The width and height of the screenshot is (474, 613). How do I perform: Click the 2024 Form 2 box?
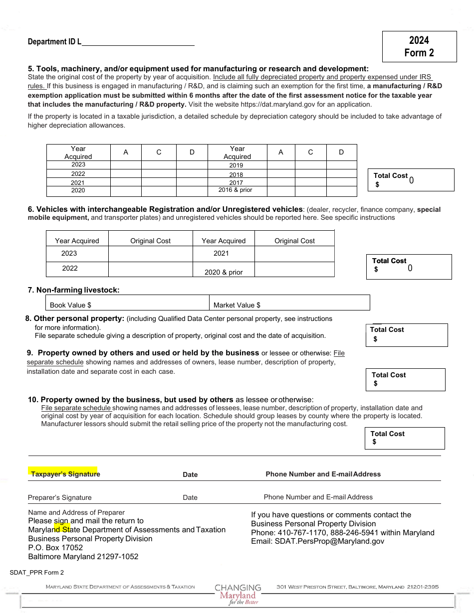pyautogui.click(x=419, y=46)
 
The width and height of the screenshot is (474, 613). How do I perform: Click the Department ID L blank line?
pyautogui.click(x=138, y=42)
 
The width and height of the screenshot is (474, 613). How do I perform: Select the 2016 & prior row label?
pyautogui.click(x=236, y=190)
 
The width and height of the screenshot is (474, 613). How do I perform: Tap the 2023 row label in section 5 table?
pyautogui.click(x=78, y=164)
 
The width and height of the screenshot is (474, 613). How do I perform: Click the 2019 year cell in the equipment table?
pyautogui.click(x=236, y=165)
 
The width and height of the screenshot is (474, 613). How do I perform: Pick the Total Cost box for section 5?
pyautogui.click(x=411, y=180)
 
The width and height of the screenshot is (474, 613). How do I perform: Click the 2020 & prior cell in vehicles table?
pyautogui.click(x=224, y=272)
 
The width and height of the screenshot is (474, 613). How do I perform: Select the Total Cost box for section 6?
pyautogui.click(x=409, y=267)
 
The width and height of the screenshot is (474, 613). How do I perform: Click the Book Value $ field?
pyautogui.click(x=127, y=305)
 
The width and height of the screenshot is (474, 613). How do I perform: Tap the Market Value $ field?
pyautogui.click(x=289, y=305)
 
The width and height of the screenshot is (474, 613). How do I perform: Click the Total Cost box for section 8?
pyautogui.click(x=407, y=335)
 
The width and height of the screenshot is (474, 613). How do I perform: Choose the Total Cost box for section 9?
pyautogui.click(x=405, y=379)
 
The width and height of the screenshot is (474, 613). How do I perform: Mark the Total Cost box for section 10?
pyautogui.click(x=405, y=438)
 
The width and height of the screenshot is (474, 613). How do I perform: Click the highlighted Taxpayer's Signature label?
pyautogui.click(x=65, y=474)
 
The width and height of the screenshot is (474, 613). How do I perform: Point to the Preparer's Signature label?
pyautogui.click(x=60, y=497)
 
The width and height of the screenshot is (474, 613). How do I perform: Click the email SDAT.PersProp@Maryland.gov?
pyautogui.click(x=318, y=541)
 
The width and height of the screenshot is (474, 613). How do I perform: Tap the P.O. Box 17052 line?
pyautogui.click(x=55, y=547)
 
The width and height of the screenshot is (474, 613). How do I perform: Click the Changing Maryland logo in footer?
pyautogui.click(x=238, y=594)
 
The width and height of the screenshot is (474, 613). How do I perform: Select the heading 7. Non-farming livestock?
pyautogui.click(x=73, y=290)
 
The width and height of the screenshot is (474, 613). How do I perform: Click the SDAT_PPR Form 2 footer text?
pyautogui.click(x=37, y=573)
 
